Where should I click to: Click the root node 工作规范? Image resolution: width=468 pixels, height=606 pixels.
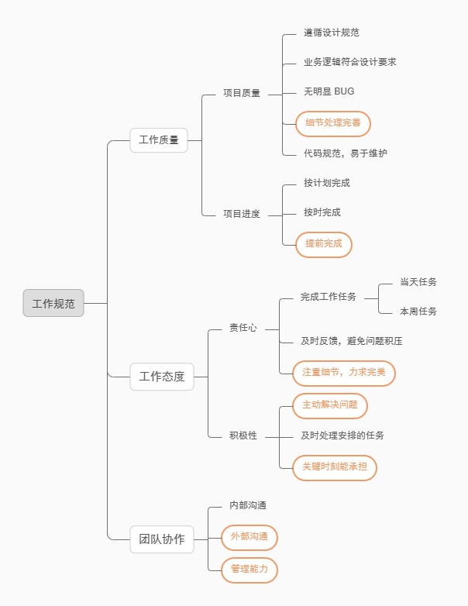pos(53,303)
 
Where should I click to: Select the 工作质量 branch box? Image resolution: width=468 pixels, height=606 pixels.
pos(159,140)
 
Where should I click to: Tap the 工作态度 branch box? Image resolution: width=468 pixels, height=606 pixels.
pos(162,377)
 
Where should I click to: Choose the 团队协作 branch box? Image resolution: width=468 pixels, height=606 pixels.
pos(162,539)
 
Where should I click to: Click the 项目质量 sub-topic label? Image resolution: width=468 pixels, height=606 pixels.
pos(242,93)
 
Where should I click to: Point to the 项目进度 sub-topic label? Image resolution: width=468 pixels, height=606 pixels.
pos(242,214)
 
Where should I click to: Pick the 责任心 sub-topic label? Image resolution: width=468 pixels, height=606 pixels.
pos(243,328)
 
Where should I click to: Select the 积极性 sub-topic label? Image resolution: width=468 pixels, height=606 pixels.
pos(243,436)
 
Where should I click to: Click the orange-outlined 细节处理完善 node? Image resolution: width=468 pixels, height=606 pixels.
pos(333,122)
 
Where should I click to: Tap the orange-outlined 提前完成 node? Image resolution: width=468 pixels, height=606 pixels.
pos(324,243)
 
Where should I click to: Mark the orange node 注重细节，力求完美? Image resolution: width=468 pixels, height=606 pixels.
pos(343,373)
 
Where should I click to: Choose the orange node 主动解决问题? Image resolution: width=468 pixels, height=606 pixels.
pos(330,405)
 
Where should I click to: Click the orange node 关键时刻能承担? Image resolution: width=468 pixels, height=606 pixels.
pos(335,467)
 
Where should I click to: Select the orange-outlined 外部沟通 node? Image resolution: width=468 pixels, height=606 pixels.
pos(249,536)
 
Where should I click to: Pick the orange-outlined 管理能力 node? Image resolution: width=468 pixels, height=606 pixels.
pos(249,570)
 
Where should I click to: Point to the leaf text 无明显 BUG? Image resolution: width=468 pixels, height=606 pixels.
pos(329,91)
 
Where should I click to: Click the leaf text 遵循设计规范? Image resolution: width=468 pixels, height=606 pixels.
pos(332,33)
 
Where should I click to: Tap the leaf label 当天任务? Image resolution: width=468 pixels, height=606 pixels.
pos(418,282)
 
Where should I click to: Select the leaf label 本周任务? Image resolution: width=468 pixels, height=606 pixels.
pos(418,312)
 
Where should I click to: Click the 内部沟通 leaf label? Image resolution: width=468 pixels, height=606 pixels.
pos(248,505)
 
